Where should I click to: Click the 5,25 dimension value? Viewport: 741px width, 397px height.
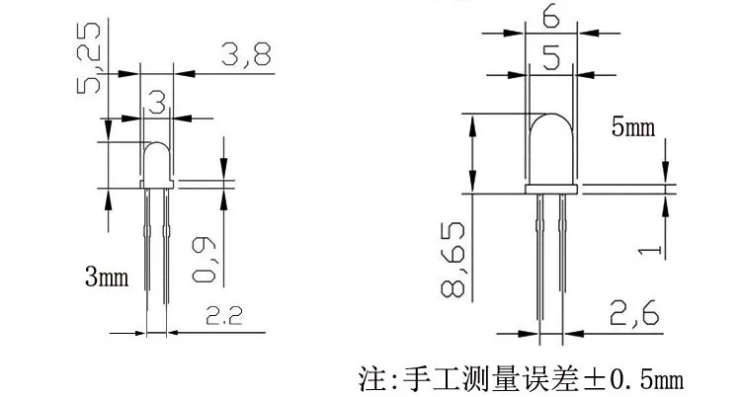92,57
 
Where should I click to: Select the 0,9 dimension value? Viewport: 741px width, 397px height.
205,259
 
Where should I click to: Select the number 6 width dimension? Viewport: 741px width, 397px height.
551,19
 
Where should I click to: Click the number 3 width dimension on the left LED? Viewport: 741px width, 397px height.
156,99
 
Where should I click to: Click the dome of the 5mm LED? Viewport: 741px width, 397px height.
553,146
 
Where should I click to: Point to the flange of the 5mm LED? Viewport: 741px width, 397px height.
553,188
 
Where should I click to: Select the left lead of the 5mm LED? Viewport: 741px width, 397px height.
542,257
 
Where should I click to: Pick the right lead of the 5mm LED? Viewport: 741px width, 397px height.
563,257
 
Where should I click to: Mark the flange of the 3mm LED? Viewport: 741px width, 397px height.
158,183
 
